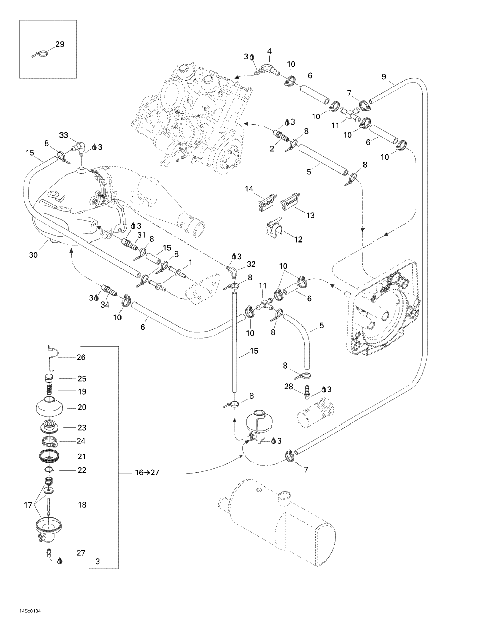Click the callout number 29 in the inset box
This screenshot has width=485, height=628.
pos(60,44)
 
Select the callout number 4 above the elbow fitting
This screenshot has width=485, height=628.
pos(269,51)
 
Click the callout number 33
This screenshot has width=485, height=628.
pos(64,135)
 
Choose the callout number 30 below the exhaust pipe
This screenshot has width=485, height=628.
pos(33,255)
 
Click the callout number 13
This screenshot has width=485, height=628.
pos(310,215)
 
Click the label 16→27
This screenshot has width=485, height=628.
pos(147,472)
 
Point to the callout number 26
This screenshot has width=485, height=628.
pos(81,357)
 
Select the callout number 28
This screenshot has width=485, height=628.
pos(289,387)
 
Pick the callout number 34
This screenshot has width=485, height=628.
pos(105,304)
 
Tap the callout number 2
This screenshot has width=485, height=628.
pos(272,148)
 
